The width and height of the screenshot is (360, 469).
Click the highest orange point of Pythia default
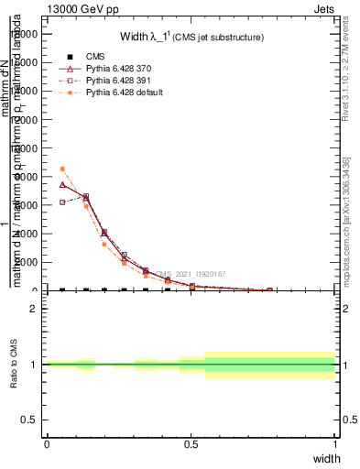click(62, 169)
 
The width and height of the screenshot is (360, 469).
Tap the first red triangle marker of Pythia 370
click(62, 184)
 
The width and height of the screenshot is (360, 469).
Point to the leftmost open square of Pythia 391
click(62, 202)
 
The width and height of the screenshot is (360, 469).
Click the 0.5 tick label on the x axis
click(191, 444)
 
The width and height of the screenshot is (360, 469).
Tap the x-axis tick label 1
click(334, 444)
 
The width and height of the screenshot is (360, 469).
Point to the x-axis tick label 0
click(47, 444)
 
